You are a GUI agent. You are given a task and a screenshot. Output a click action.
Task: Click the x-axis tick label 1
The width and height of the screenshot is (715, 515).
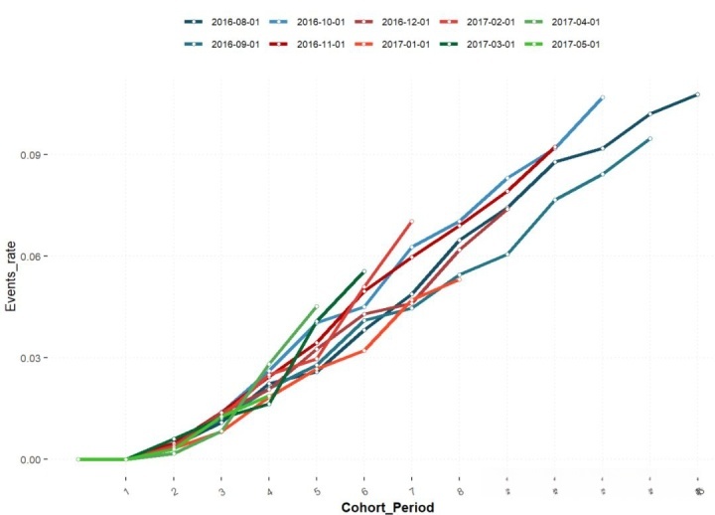126,489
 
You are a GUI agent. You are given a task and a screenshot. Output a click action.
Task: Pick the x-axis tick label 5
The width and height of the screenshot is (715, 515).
317,489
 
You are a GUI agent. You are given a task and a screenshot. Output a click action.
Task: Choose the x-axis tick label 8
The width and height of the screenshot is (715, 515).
460,489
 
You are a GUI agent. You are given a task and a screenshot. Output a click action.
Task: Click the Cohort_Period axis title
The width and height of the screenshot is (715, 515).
387,506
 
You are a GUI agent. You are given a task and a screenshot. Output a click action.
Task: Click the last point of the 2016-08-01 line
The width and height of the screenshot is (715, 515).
698,94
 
